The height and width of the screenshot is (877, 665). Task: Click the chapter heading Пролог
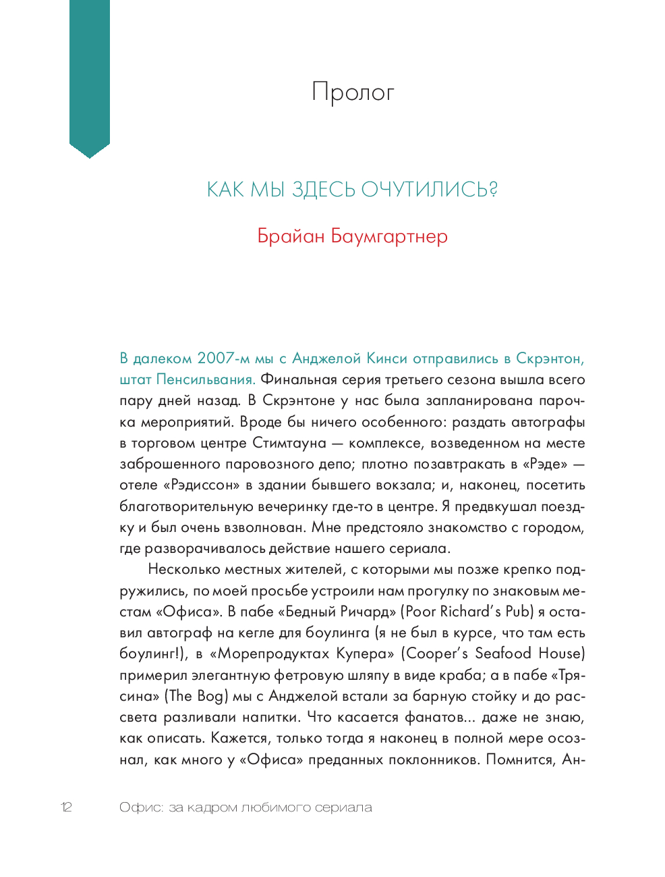[353, 92]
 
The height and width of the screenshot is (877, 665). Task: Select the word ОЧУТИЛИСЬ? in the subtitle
[430, 190]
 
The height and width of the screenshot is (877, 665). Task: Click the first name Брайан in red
[291, 236]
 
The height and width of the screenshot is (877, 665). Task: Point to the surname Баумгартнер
[389, 236]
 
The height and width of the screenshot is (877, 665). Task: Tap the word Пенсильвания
[206, 379]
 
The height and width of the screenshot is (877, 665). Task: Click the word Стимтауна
[289, 443]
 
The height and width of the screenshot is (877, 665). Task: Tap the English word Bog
[210, 696]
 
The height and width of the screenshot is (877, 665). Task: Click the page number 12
[66, 807]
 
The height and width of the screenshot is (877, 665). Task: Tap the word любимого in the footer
[272, 807]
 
